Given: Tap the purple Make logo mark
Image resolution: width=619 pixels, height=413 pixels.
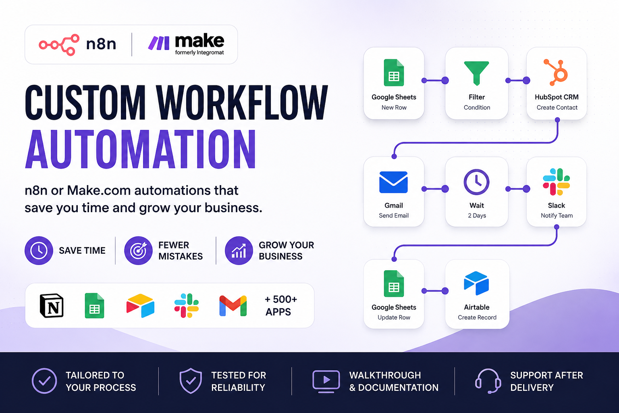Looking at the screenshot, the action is (159, 43).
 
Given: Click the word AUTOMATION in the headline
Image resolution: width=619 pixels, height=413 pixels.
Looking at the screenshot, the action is (141, 149).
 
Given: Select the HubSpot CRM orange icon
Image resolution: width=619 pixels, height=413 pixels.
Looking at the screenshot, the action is (556, 72).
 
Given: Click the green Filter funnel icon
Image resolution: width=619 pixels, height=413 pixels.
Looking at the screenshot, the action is (476, 73).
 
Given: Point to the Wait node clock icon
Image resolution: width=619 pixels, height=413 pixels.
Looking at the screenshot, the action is (476, 182).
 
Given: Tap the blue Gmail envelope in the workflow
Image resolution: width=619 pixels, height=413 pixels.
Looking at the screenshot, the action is (393, 182).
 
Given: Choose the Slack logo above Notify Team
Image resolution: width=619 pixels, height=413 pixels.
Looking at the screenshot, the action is (556, 182).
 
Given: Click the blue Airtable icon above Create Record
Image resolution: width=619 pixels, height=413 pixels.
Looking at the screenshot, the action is (476, 283).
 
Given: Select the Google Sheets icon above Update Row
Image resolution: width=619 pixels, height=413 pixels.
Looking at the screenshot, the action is (394, 284).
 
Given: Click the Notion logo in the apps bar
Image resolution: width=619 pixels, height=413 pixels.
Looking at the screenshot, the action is (52, 305).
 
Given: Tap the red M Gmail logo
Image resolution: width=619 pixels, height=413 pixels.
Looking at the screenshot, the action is (233, 306).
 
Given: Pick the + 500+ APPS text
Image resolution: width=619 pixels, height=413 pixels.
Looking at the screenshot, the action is (281, 305).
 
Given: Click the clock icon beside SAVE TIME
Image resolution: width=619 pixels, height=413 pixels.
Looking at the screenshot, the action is (39, 250).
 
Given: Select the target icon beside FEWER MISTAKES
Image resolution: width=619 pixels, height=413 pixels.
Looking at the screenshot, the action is (139, 250).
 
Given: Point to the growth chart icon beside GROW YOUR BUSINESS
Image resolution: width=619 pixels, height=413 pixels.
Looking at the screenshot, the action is (239, 250).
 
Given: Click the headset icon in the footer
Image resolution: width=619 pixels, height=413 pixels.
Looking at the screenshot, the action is (488, 381).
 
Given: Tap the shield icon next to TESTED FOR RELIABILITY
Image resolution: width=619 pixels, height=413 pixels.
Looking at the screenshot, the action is (191, 381).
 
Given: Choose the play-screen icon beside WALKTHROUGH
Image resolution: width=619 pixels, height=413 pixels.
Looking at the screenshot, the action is (326, 381).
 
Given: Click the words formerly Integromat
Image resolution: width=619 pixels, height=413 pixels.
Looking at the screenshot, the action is (199, 52).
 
